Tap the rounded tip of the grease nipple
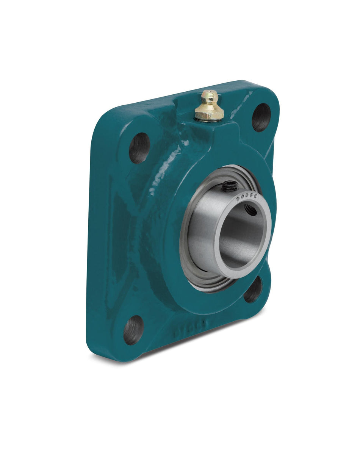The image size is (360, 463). [x=208, y=93]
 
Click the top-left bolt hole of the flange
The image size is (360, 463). [x=139, y=148]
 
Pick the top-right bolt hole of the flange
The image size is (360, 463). [x=261, y=117]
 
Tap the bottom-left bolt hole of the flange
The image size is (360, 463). [x=133, y=330]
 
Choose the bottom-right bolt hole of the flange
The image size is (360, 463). [x=253, y=290]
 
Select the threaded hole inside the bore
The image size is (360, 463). [x=250, y=210]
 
